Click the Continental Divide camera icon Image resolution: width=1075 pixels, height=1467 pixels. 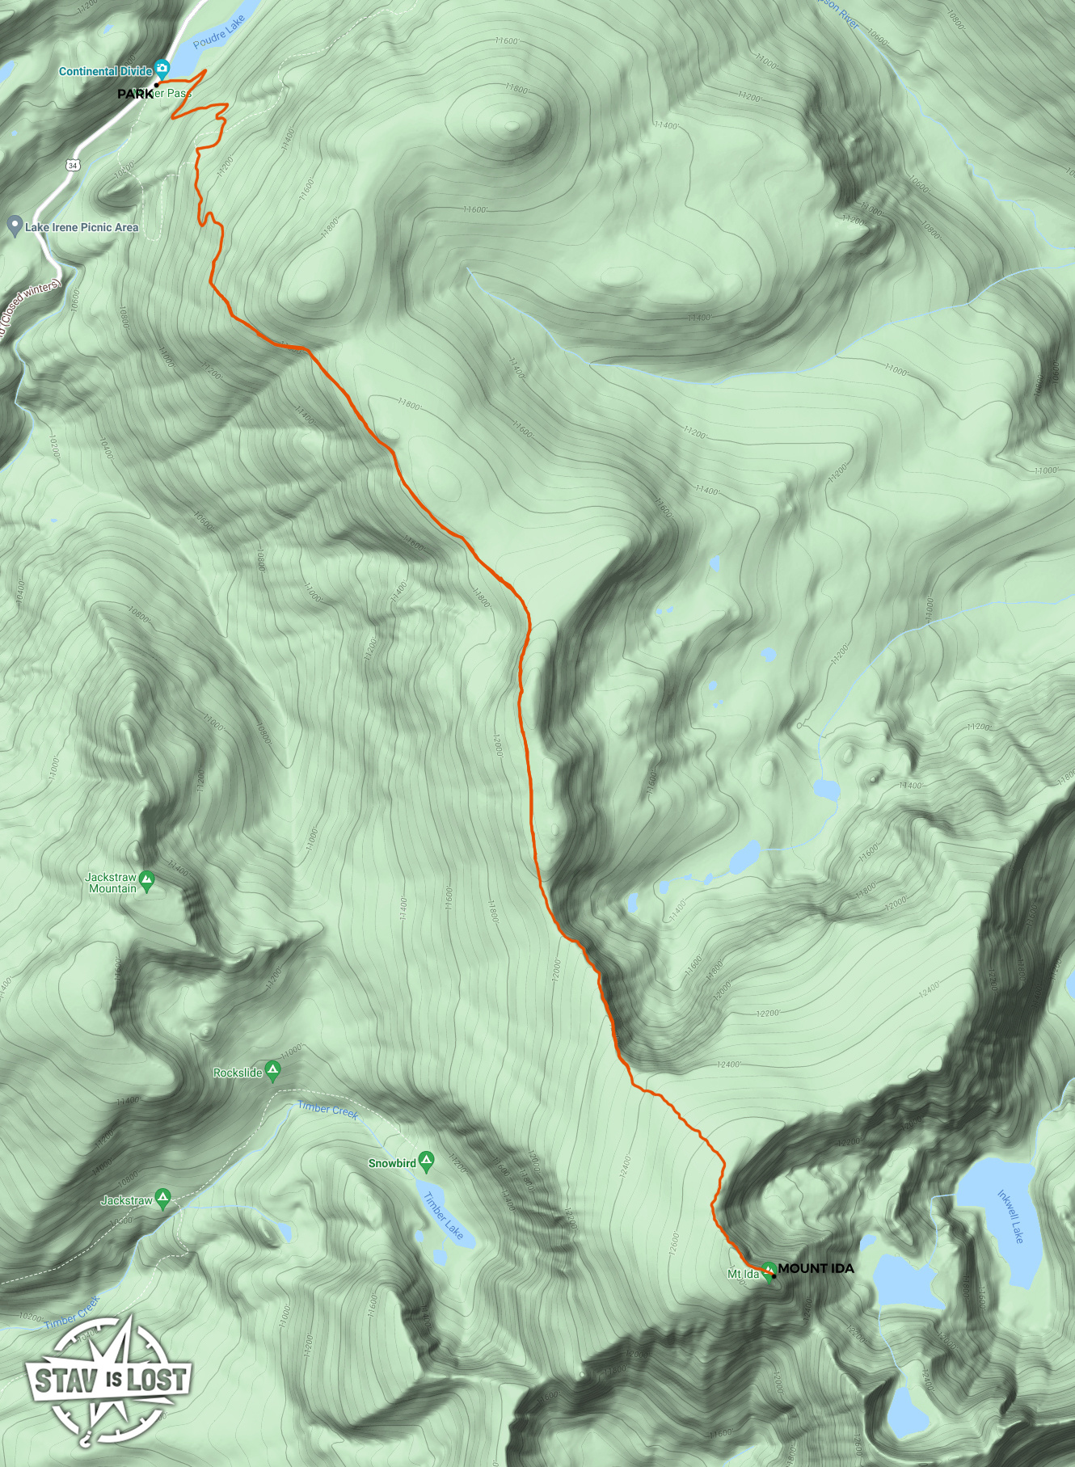tap(162, 69)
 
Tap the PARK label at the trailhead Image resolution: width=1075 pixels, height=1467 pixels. tap(134, 94)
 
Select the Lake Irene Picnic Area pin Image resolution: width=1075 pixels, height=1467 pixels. tap(14, 226)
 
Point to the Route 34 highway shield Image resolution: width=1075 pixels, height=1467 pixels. tap(73, 165)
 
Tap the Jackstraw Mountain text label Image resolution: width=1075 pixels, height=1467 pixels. tap(112, 883)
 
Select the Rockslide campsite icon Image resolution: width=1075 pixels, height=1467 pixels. tap(273, 1071)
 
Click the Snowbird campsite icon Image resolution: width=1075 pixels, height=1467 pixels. tap(427, 1161)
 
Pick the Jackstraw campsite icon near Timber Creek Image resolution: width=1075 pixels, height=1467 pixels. tap(163, 1199)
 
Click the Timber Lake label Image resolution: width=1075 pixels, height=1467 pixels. tap(443, 1216)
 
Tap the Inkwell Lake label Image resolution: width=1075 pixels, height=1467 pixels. tap(1010, 1216)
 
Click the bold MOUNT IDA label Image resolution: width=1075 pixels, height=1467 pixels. tap(816, 1268)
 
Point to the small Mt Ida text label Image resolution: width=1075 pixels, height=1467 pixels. tap(743, 1275)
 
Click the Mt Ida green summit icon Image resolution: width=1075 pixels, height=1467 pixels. tap(769, 1271)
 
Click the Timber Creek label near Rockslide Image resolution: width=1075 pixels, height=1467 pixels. tap(327, 1110)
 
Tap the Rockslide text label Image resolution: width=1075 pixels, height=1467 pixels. tap(238, 1073)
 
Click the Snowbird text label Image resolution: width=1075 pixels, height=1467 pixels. tap(392, 1163)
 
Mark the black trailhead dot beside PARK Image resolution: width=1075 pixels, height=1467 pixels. tap(157, 84)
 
